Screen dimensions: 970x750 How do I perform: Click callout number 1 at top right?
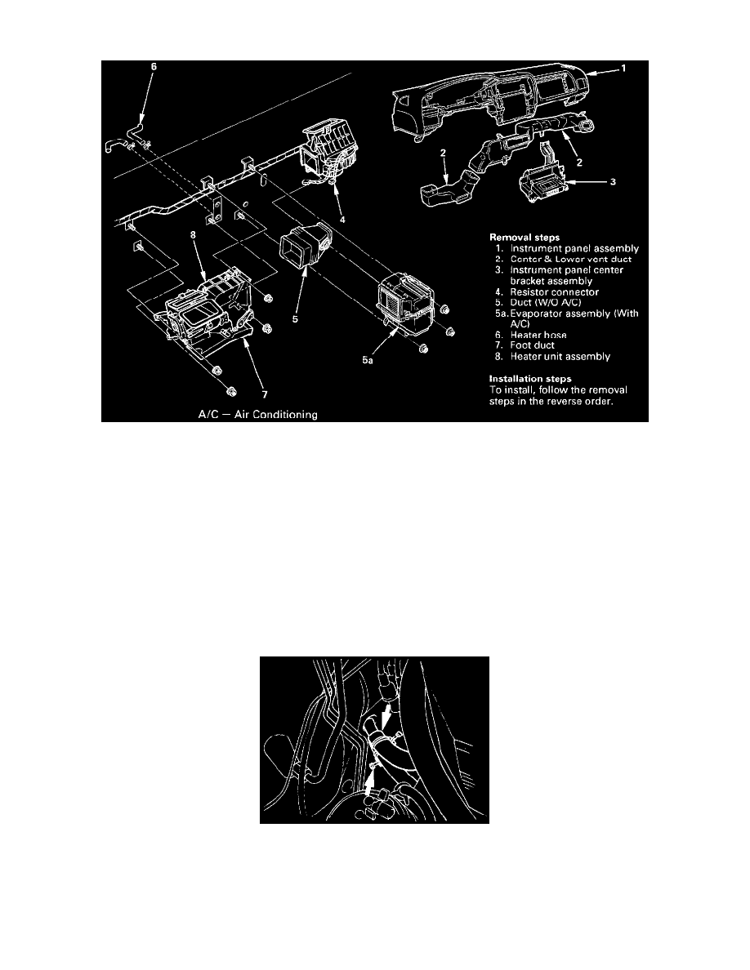tap(624, 69)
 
